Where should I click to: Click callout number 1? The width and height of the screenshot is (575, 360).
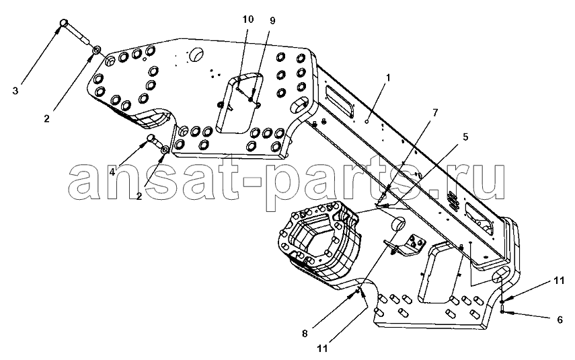click(388, 78)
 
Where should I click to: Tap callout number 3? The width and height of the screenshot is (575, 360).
click(15, 91)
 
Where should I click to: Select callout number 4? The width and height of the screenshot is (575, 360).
click(112, 172)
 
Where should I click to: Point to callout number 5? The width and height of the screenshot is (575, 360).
click(465, 137)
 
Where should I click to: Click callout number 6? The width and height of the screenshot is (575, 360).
click(560, 320)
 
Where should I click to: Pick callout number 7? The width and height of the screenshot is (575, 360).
click(435, 112)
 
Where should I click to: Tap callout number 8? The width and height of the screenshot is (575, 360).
click(305, 334)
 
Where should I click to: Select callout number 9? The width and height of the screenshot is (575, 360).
click(272, 21)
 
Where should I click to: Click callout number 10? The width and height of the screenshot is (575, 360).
click(248, 19)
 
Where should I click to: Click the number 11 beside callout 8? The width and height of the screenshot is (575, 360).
click(323, 348)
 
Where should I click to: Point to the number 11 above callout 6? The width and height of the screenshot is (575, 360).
click(560, 281)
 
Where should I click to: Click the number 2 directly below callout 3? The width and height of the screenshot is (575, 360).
click(46, 119)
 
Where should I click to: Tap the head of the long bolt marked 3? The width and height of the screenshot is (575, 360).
click(63, 23)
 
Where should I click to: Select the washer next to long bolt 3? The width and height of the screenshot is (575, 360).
click(97, 50)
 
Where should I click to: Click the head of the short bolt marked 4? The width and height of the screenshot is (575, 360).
click(151, 138)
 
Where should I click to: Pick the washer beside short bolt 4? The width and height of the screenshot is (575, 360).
click(165, 149)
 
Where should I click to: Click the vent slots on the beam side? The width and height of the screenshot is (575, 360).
click(454, 201)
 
